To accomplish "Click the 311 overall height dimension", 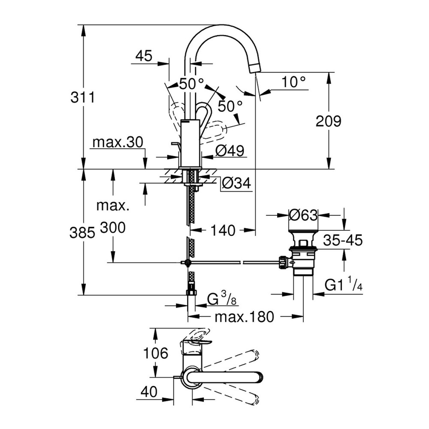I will click(x=82, y=98).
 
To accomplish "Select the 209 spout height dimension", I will click(x=328, y=121).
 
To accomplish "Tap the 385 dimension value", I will click(x=82, y=233).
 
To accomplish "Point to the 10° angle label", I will click(x=294, y=82).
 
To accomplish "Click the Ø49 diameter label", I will click(x=230, y=151).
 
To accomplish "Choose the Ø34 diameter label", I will click(x=236, y=184).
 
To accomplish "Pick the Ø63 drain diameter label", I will click(x=303, y=214).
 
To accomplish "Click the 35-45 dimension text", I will click(x=343, y=240).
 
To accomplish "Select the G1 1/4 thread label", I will click(x=343, y=285).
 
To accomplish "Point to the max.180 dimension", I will click(x=244, y=317).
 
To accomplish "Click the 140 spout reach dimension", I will click(x=223, y=230).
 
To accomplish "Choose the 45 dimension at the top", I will click(x=144, y=56).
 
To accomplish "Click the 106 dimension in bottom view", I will click(x=155, y=353).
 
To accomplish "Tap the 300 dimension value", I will click(x=112, y=228).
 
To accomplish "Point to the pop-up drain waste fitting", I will click(x=304, y=253).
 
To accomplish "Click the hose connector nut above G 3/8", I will click(x=191, y=292).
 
